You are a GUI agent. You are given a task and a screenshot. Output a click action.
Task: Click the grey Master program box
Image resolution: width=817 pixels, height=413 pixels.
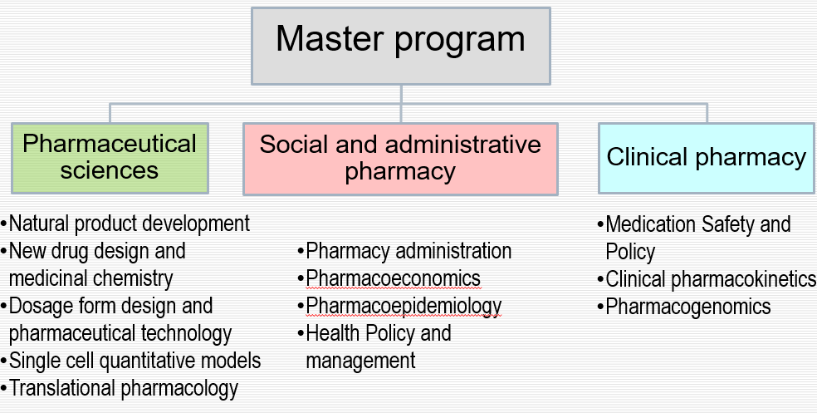click(x=401, y=46)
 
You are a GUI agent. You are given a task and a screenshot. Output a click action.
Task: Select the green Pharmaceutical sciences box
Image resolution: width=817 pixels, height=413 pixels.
click(x=110, y=158)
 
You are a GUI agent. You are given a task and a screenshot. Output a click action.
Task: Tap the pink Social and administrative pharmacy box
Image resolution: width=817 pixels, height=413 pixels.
click(x=400, y=159)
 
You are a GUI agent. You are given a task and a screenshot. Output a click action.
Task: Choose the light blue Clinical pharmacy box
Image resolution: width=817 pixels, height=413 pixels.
click(x=706, y=158)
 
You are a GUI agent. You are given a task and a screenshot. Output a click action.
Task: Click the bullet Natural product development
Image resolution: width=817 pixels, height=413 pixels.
click(x=125, y=224)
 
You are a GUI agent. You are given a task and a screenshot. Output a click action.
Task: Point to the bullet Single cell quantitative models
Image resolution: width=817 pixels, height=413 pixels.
click(x=131, y=361)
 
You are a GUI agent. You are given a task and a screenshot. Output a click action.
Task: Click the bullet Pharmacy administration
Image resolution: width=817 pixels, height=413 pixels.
click(x=405, y=251)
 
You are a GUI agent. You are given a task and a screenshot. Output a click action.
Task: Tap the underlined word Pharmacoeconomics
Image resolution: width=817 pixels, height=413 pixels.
click(x=394, y=278)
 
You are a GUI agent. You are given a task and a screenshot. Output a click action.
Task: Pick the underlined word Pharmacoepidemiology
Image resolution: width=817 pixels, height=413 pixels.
click(x=404, y=306)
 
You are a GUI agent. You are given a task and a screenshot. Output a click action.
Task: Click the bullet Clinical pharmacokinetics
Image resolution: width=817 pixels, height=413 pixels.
click(x=707, y=279)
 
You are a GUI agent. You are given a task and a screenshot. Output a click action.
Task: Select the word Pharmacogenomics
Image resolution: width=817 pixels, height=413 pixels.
click(x=687, y=307)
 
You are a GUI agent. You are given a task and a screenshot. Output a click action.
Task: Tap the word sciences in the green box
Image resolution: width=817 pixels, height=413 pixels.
click(x=110, y=170)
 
